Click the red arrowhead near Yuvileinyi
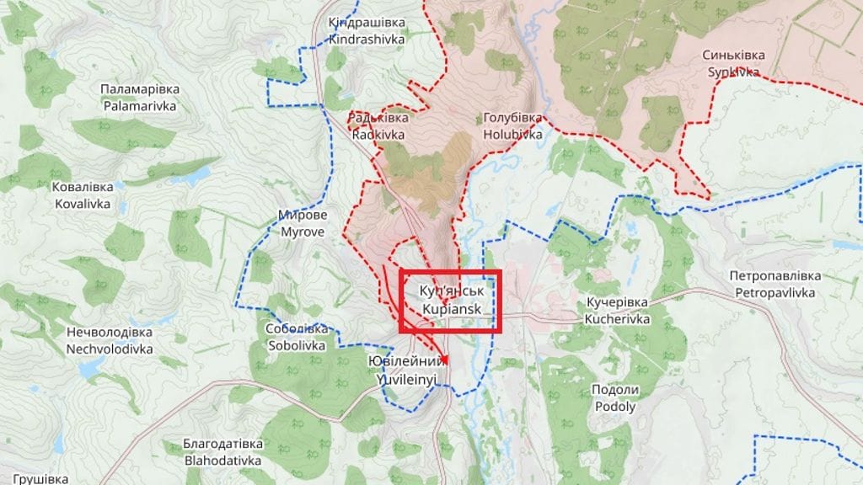click(444, 360)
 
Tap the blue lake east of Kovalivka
click(192, 176)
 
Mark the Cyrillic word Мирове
click(302, 215)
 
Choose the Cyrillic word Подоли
click(614, 390)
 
